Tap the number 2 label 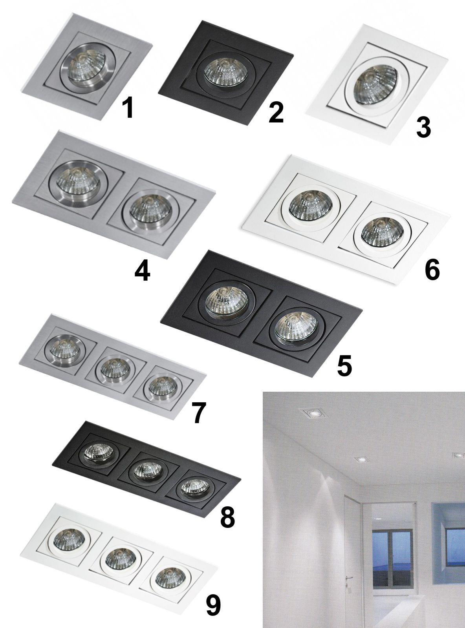tap(276, 113)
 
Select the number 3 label tap(424, 128)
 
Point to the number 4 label tap(142, 272)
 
